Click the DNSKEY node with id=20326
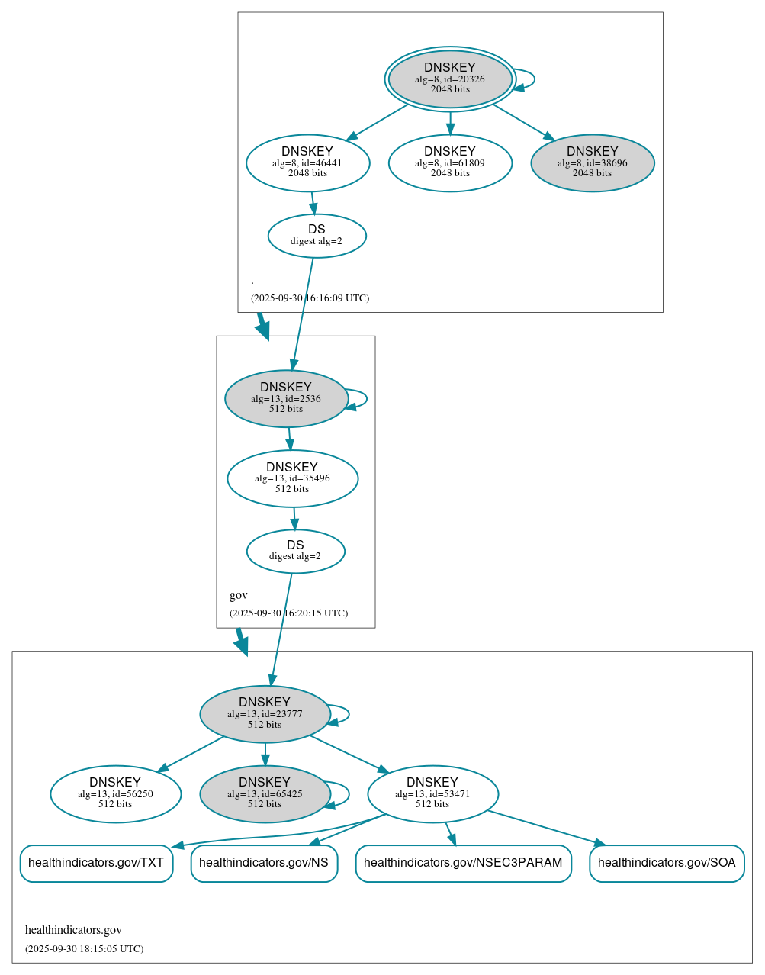[x=450, y=79]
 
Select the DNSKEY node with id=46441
[x=307, y=162]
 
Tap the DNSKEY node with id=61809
[x=450, y=162]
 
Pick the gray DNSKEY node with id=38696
[x=592, y=162]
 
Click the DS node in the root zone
[x=317, y=235]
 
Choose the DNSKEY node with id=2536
[x=286, y=398]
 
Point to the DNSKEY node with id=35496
[x=292, y=478]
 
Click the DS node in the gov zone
[x=295, y=550]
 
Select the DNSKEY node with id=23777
[x=265, y=714]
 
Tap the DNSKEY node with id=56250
[x=115, y=793]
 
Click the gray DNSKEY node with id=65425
[x=265, y=793]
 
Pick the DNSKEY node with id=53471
[x=432, y=793]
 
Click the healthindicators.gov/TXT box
[x=96, y=863]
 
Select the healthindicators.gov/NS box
[x=264, y=863]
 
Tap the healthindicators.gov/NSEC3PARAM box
[x=463, y=863]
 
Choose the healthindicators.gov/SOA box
[x=667, y=863]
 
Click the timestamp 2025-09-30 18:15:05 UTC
[x=84, y=949]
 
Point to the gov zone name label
[x=239, y=595]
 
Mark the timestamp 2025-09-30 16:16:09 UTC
[x=310, y=298]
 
